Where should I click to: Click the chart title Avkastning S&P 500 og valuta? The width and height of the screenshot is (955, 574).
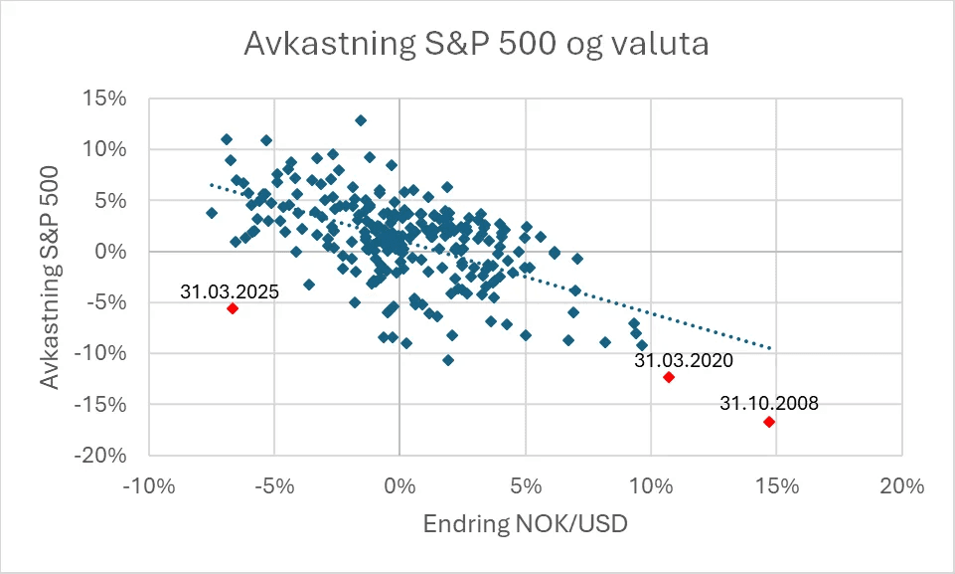[x=476, y=45]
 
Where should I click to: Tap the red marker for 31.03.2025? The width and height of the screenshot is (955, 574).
[x=233, y=308]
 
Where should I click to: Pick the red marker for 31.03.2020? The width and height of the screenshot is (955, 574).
[x=669, y=377]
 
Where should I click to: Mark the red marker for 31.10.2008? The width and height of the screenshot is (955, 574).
[x=769, y=422]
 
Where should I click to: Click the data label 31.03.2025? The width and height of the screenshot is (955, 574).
[x=230, y=291]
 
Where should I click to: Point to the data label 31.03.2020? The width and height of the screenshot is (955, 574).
[x=684, y=361]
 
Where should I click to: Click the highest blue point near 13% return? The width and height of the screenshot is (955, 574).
[x=361, y=120]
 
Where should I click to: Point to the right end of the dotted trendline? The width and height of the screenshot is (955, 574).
[x=770, y=348]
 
